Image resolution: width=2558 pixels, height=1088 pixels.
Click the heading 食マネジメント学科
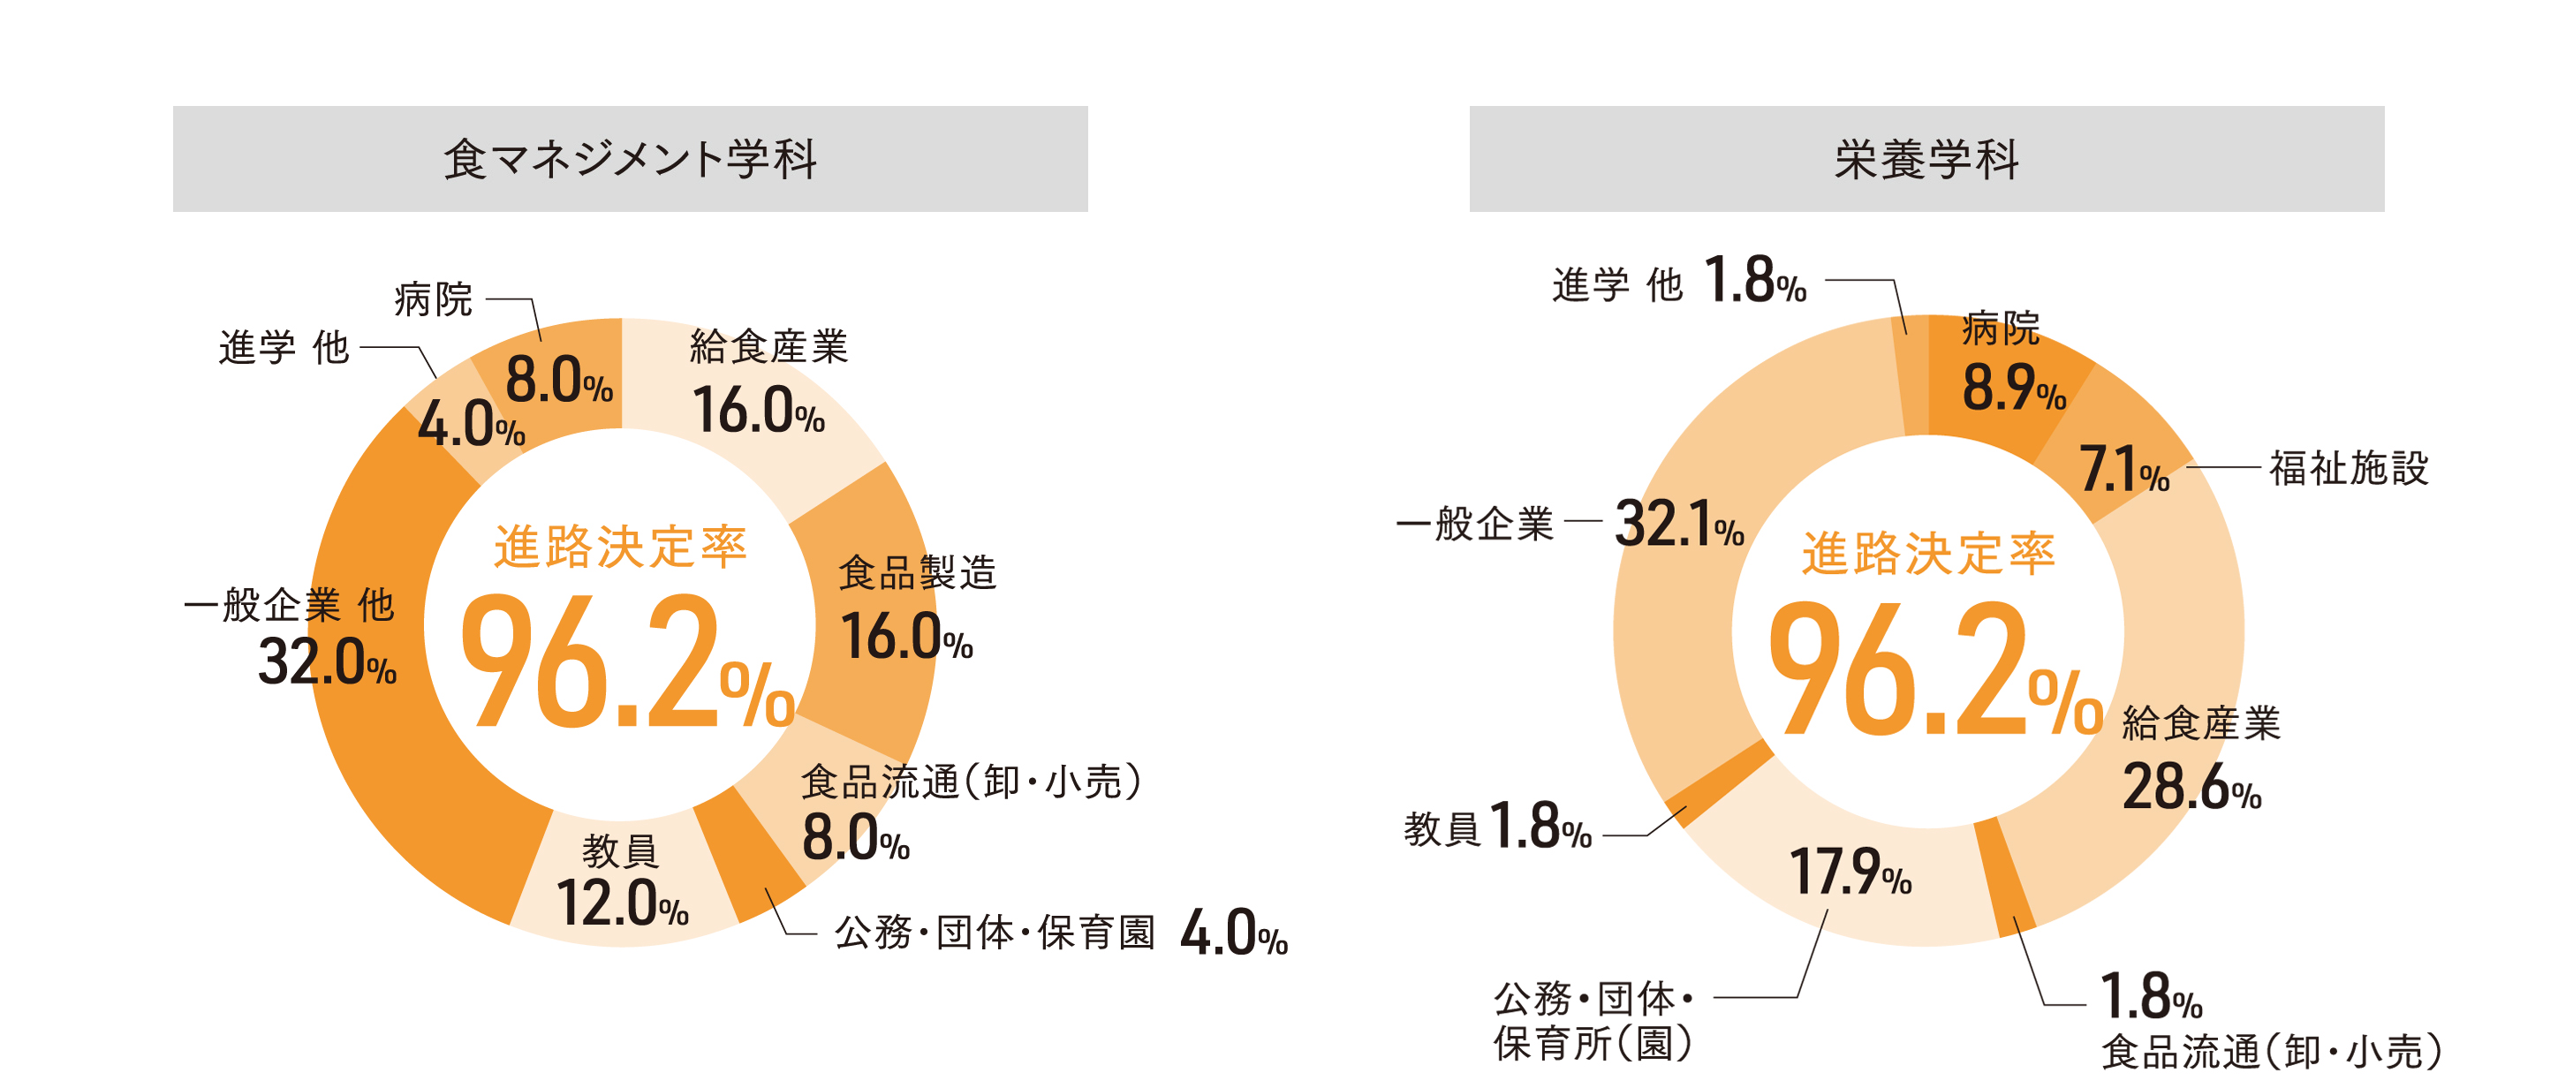tap(630, 159)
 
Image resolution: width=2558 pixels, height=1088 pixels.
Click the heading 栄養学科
tap(1926, 159)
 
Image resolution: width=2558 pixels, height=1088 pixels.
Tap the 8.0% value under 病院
tap(558, 382)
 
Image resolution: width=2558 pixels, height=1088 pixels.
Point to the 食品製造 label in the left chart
tap(917, 573)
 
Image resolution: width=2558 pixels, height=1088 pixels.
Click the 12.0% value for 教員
tap(622, 904)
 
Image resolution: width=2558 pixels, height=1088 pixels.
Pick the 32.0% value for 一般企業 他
tap(327, 662)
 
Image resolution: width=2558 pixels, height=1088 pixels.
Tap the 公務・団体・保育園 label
tap(995, 933)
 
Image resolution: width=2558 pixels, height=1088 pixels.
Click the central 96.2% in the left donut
tap(628, 661)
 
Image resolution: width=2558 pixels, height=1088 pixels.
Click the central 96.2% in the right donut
tap(1934, 669)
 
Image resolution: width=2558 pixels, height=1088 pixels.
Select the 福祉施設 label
tap(2349, 469)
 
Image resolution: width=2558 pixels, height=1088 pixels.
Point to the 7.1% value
tap(2124, 470)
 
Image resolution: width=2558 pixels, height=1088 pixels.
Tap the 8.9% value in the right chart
tap(2013, 389)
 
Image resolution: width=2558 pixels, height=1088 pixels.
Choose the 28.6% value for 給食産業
tap(2191, 789)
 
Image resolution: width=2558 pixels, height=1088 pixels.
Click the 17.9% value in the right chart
tap(1850, 873)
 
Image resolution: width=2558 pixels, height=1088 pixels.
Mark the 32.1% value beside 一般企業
tap(1679, 525)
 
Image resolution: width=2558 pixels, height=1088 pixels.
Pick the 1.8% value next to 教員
tap(1540, 827)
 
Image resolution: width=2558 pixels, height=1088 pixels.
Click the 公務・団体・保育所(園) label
tap(1593, 1021)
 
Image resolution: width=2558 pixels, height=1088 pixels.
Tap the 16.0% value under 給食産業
tap(759, 411)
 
